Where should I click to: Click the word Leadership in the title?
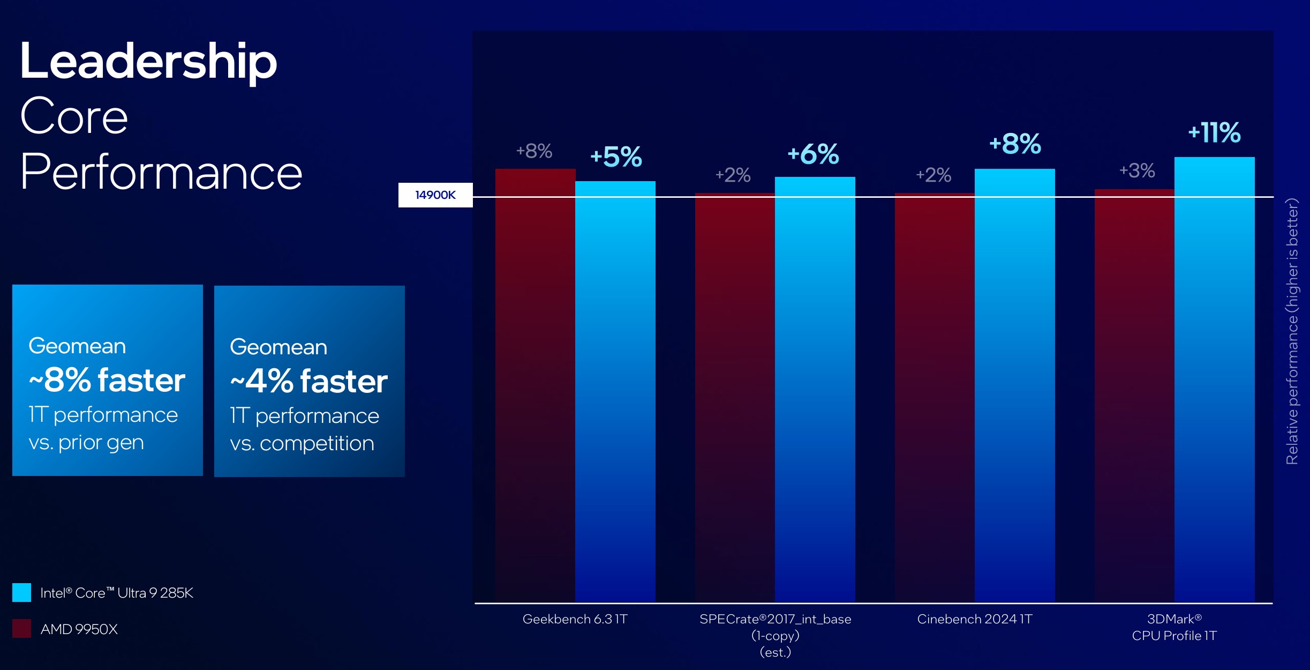(x=148, y=62)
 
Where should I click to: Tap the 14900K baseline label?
(x=435, y=195)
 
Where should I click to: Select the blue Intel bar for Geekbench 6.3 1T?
(x=615, y=391)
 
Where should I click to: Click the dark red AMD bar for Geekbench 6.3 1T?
(x=535, y=386)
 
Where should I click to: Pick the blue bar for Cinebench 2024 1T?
(x=1014, y=386)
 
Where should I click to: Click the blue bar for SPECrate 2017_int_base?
(x=815, y=389)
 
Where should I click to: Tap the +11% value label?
(x=1214, y=132)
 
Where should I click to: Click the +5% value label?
(x=616, y=157)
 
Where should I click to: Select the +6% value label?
(x=813, y=154)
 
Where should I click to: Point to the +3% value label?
(x=1137, y=170)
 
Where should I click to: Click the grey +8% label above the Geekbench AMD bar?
(x=534, y=151)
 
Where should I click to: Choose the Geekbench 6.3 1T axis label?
(x=575, y=619)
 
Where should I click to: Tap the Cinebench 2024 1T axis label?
(x=974, y=619)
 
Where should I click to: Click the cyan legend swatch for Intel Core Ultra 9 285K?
(x=22, y=592)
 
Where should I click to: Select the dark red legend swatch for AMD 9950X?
(x=22, y=628)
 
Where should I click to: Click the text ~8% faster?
(x=107, y=380)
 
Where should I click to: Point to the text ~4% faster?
(x=308, y=381)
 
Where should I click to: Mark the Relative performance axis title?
(x=1292, y=331)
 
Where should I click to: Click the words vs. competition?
(x=302, y=443)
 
